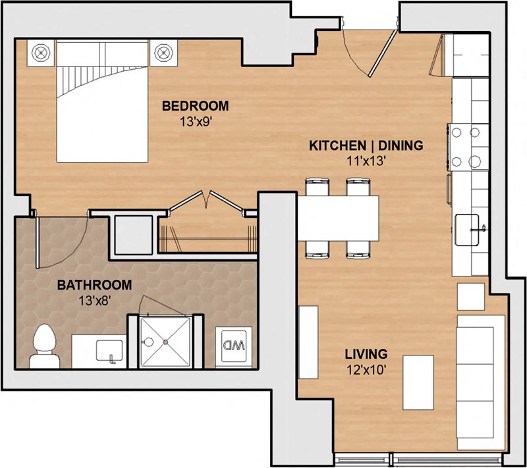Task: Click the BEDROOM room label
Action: (x=196, y=105)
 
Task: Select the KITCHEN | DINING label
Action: (x=366, y=145)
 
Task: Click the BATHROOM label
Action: (x=94, y=286)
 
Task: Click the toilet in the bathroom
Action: (x=45, y=346)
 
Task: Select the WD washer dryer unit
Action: (x=233, y=345)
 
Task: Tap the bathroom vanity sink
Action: (x=109, y=350)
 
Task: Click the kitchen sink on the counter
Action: (x=471, y=229)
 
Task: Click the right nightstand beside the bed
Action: (x=163, y=53)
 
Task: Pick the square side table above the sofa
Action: (x=471, y=296)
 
